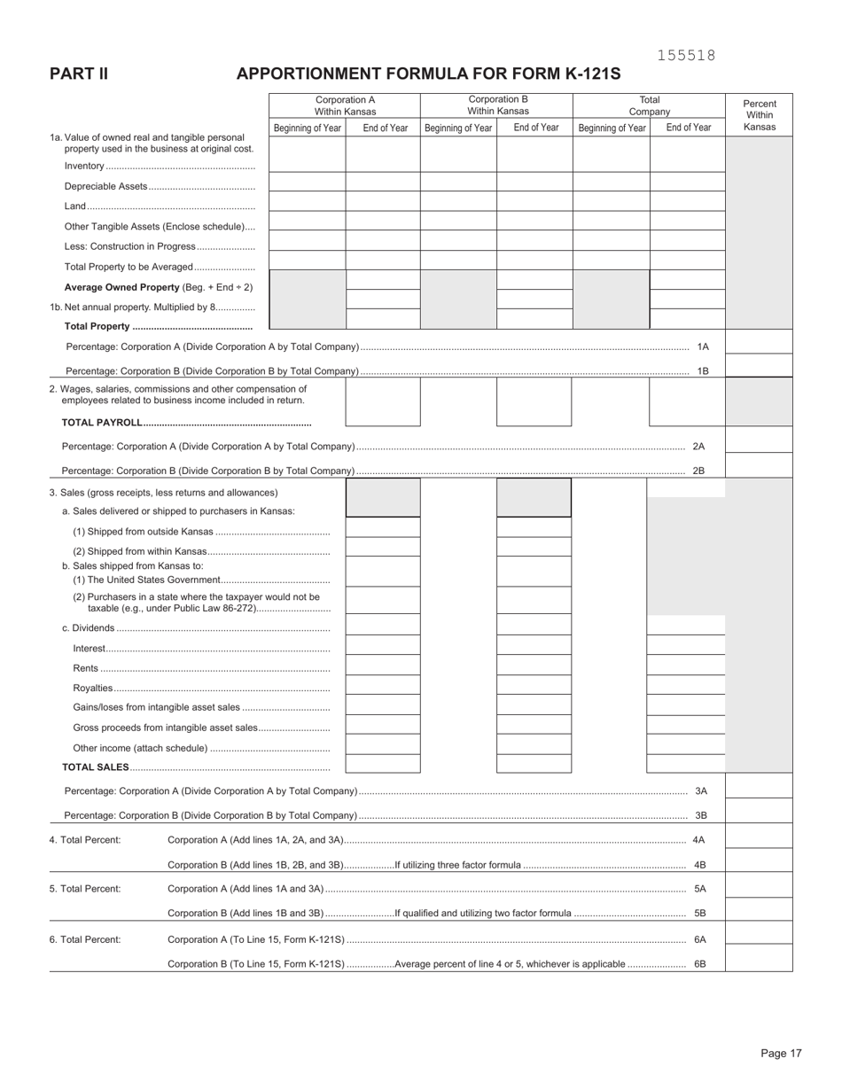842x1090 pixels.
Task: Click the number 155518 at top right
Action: [686, 56]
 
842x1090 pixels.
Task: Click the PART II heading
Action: [79, 74]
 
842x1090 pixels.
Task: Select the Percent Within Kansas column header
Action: [760, 115]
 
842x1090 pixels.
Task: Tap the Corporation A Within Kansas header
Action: [345, 105]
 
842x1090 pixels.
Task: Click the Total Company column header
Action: [649, 105]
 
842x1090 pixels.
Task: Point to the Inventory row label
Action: [84, 166]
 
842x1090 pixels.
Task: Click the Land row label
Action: [75, 206]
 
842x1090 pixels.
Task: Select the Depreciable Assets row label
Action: [105, 186]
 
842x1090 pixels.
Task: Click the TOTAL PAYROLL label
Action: [102, 422]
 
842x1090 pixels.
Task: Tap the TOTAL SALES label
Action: [96, 767]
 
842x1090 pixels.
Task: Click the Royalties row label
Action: [93, 688]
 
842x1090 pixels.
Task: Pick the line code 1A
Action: [703, 346]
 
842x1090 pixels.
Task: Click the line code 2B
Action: [698, 471]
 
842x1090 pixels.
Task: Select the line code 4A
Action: [698, 839]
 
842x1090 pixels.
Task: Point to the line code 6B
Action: [699, 964]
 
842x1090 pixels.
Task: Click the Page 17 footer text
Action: [781, 1053]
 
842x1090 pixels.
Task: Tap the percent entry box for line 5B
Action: [759, 909]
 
